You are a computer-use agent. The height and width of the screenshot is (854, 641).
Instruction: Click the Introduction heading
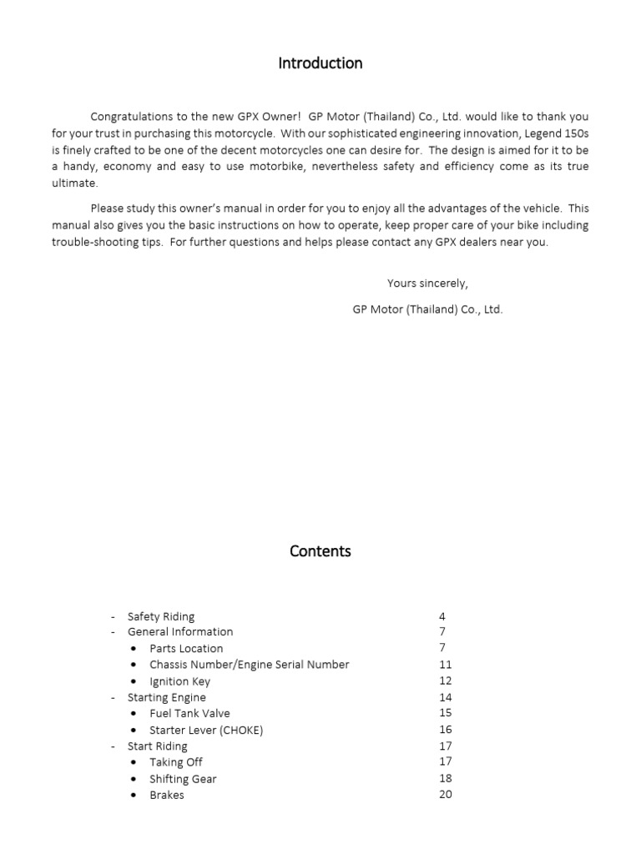(x=320, y=63)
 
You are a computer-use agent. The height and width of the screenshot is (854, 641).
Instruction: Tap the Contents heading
(x=320, y=551)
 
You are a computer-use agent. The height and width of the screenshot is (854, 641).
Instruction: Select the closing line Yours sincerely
(x=427, y=284)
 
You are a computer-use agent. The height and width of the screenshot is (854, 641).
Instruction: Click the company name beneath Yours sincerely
(x=427, y=309)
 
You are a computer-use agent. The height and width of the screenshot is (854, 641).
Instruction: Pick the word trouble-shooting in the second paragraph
(x=93, y=242)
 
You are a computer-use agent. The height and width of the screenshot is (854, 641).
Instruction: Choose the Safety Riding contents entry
(x=161, y=616)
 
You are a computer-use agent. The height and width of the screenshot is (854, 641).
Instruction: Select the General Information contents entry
(x=180, y=632)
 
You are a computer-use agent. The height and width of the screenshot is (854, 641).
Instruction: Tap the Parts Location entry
(x=186, y=648)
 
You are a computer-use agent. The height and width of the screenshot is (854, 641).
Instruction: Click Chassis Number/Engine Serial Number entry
(x=249, y=665)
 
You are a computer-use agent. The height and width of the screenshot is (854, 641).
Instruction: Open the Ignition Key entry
(x=180, y=681)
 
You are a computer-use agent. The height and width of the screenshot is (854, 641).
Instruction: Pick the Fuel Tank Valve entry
(x=189, y=713)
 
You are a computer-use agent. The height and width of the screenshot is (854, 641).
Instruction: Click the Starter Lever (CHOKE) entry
(x=206, y=730)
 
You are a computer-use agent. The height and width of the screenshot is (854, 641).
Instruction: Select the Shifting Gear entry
(x=183, y=779)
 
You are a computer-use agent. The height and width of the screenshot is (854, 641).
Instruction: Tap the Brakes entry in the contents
(x=167, y=795)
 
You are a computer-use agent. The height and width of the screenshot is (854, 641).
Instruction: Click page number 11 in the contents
(x=445, y=665)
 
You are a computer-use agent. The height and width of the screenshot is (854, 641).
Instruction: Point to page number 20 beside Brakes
(x=445, y=795)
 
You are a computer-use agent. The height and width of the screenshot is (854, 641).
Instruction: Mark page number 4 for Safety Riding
(x=442, y=616)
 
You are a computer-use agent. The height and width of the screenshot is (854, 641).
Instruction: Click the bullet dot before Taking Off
(x=134, y=762)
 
